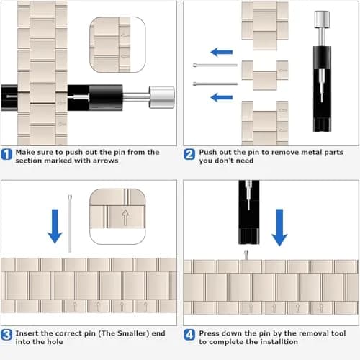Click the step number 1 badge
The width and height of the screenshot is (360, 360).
tap(6, 154)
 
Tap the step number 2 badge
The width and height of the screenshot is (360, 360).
tap(189, 154)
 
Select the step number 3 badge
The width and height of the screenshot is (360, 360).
tap(6, 335)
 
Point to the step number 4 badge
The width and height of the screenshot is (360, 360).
tap(189, 335)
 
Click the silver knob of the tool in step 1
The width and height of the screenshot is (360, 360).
tap(161, 97)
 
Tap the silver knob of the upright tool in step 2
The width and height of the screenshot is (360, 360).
tap(322, 19)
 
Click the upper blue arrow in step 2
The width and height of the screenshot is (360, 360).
tap(222, 52)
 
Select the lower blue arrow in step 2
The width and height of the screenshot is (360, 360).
tap(222, 97)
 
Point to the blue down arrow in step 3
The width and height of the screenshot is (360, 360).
tap(55, 226)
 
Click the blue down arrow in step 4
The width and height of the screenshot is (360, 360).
tap(279, 228)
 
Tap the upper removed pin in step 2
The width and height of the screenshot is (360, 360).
tap(215, 65)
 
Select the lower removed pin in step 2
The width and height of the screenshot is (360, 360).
tap(215, 84)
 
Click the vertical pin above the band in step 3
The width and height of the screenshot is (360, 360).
tap(70, 224)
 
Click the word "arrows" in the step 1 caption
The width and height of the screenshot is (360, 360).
tap(106, 161)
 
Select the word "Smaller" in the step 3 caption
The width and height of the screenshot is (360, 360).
tap(132, 333)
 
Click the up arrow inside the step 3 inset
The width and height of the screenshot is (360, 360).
tap(125, 217)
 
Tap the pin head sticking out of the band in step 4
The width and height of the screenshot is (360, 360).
tap(246, 255)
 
